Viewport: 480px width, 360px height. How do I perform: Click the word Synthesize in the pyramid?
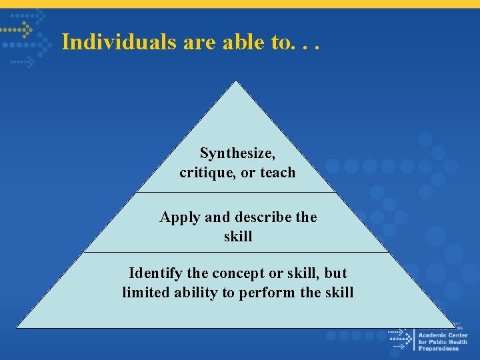coord(237,153)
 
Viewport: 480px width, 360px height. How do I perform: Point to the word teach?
coord(277,173)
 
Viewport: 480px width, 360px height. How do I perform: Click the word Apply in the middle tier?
coord(180,217)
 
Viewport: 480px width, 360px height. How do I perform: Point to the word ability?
coord(197,293)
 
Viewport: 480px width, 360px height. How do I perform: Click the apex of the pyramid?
coord(236,81)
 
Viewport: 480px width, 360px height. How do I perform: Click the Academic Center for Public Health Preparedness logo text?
coord(443,341)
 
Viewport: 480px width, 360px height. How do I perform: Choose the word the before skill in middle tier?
coord(305,217)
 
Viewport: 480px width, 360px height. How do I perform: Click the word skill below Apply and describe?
coord(238,237)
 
